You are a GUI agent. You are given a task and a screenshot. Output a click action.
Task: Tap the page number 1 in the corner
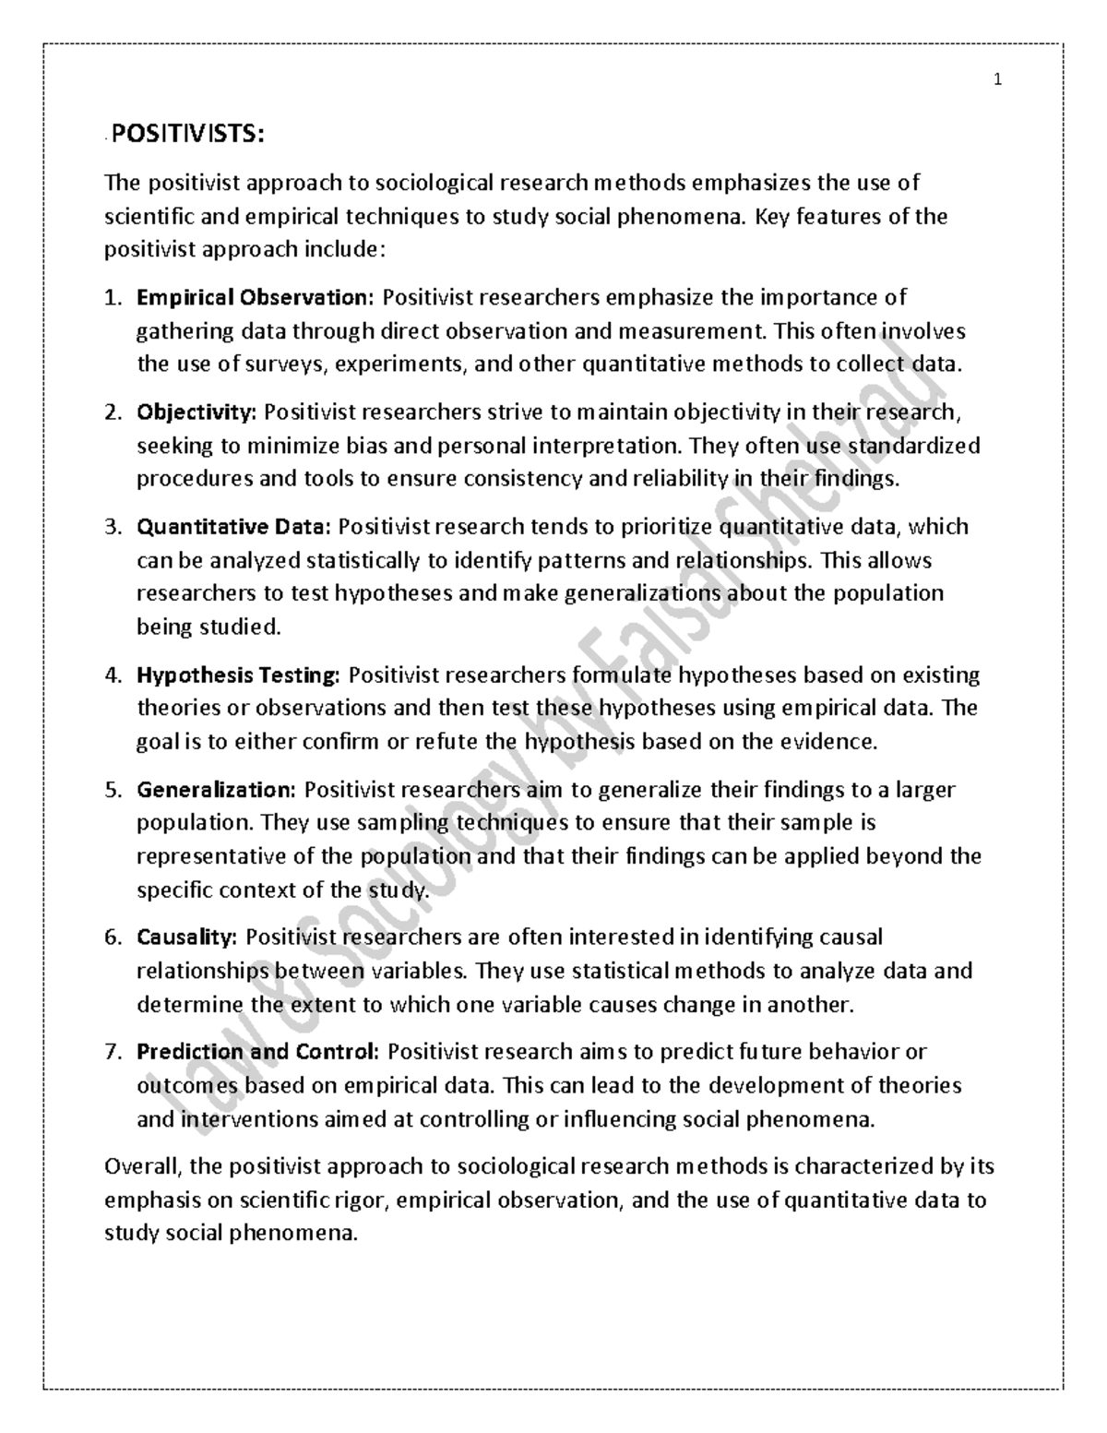997,80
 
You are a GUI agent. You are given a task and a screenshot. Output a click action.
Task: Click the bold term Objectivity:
196,412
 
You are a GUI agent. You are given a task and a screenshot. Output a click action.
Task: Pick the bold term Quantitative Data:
232,527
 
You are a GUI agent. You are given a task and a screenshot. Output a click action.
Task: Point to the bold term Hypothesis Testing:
238,675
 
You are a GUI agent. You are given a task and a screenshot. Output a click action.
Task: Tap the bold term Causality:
187,937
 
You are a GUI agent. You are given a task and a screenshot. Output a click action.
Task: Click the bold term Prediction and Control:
257,1052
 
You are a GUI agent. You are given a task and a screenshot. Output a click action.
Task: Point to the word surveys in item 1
277,364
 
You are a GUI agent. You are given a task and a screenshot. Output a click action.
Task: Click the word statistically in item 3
362,561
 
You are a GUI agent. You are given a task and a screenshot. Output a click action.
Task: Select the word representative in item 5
211,856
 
